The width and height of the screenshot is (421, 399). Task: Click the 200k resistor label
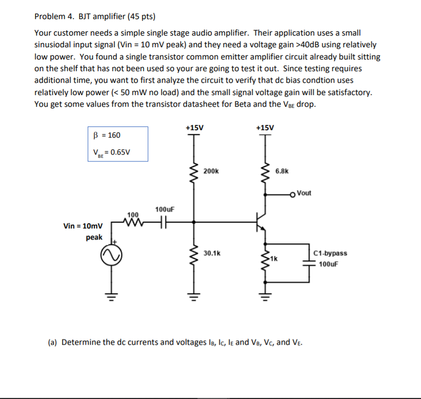(x=211, y=172)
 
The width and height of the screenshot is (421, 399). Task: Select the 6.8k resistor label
(x=282, y=172)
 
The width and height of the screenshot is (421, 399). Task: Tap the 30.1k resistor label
(x=212, y=253)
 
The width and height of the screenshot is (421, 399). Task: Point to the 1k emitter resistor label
(x=273, y=258)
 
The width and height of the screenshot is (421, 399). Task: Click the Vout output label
(x=304, y=193)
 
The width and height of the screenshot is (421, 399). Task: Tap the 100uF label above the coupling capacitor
(x=165, y=210)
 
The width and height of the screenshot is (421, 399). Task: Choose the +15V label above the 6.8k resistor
(x=265, y=128)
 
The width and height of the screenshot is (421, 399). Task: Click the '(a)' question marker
(x=53, y=342)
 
